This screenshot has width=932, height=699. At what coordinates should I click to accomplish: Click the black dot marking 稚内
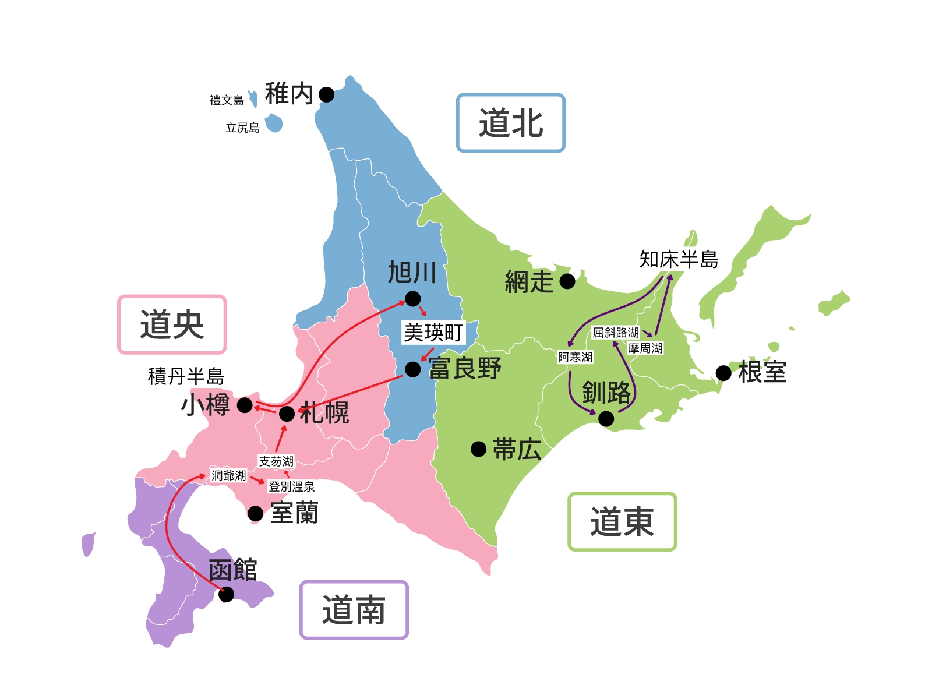pyautogui.click(x=327, y=94)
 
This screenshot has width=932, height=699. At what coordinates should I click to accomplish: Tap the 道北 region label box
pyautogui.click(x=511, y=123)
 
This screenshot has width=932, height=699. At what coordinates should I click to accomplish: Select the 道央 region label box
pyautogui.click(x=172, y=324)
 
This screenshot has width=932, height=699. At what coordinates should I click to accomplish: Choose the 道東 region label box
pyautogui.click(x=622, y=521)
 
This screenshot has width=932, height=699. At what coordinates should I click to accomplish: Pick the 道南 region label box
pyautogui.click(x=354, y=610)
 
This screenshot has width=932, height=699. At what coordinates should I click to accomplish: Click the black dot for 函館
pyautogui.click(x=226, y=594)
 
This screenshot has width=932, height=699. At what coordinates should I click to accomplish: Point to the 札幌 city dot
pyautogui.click(x=287, y=414)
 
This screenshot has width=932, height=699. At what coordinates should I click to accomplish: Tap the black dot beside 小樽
pyautogui.click(x=245, y=405)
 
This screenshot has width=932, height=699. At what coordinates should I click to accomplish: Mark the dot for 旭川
pyautogui.click(x=412, y=299)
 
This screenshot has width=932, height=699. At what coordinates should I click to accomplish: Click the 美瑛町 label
pyautogui.click(x=433, y=333)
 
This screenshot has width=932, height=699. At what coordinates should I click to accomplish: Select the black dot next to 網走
pyautogui.click(x=567, y=281)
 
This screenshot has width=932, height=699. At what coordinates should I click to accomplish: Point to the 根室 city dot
pyautogui.click(x=723, y=373)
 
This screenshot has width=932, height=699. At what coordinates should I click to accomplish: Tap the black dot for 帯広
pyautogui.click(x=478, y=449)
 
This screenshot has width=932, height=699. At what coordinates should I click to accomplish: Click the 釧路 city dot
pyautogui.click(x=606, y=418)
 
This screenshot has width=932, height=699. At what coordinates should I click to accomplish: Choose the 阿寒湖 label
pyautogui.click(x=575, y=357)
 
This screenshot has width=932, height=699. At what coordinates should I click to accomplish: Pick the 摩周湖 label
pyautogui.click(x=645, y=348)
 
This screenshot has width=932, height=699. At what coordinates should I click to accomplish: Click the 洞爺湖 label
pyautogui.click(x=228, y=476)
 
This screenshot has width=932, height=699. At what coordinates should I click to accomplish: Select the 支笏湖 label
pyautogui.click(x=276, y=461)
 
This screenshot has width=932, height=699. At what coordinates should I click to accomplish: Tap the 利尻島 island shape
pyautogui.click(x=274, y=123)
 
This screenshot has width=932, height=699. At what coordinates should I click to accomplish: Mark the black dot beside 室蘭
pyautogui.click(x=255, y=513)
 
